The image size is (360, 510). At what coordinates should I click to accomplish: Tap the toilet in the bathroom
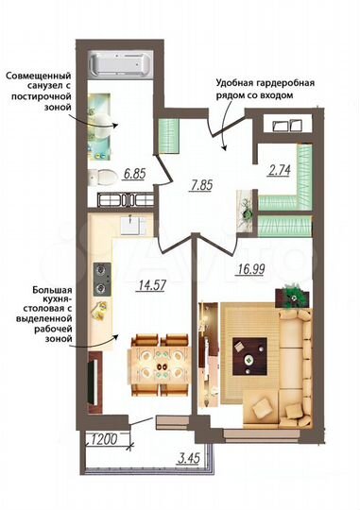click(x=107, y=176)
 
